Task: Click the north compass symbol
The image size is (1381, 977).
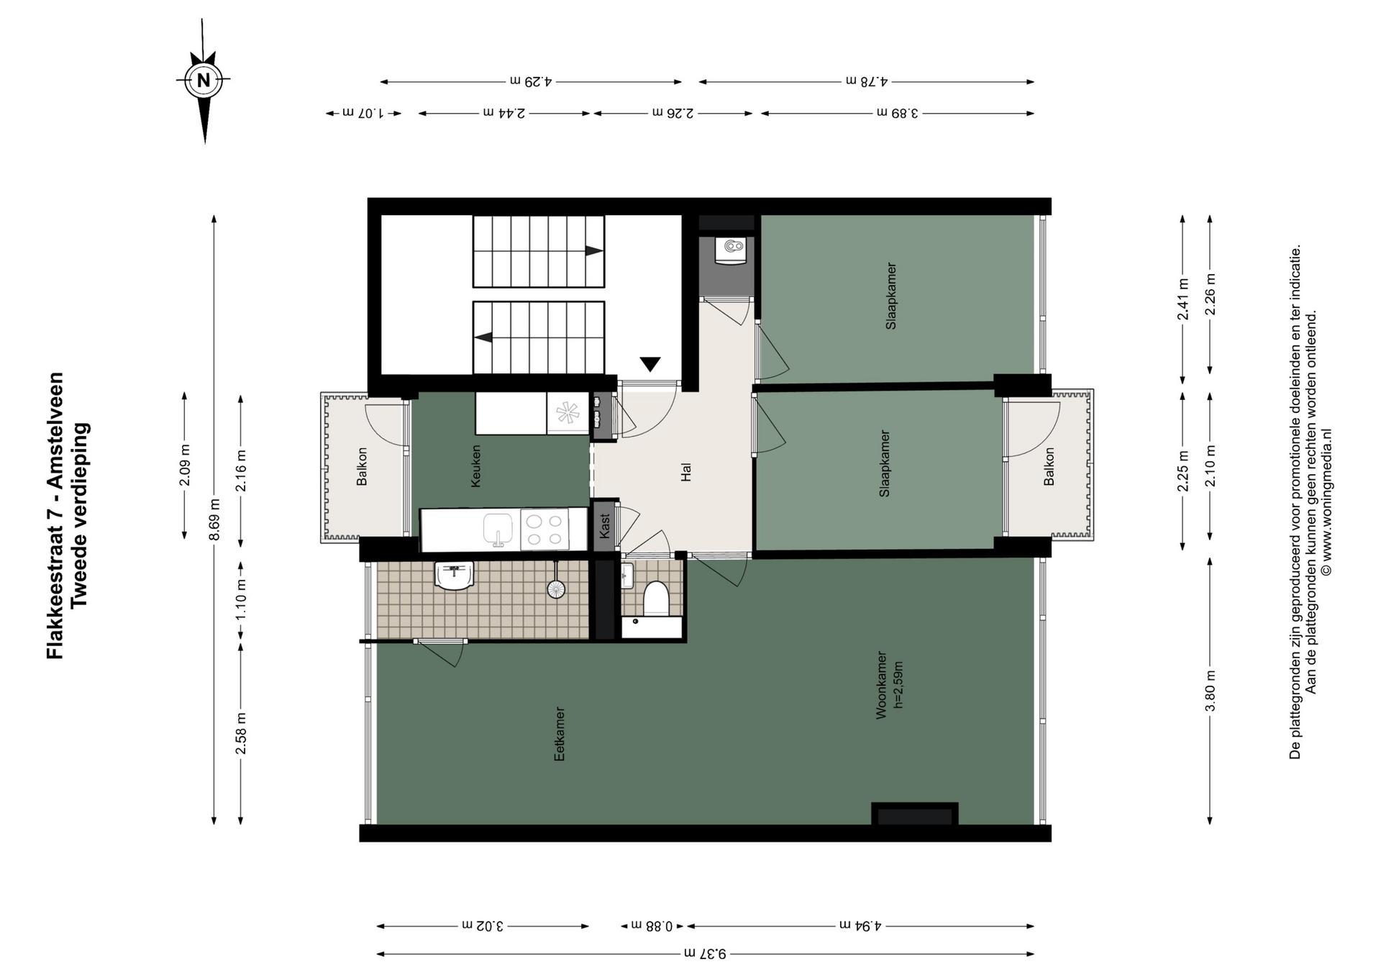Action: coord(204,81)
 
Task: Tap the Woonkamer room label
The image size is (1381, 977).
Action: coord(880,685)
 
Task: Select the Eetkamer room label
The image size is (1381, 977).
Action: coord(559,734)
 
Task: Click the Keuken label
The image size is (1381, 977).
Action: coord(475,466)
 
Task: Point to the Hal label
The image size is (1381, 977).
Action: coord(685,472)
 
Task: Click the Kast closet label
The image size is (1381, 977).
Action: coord(604,525)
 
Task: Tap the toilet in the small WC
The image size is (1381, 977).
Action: coord(656,599)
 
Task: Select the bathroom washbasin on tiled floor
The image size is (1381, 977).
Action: coord(455,576)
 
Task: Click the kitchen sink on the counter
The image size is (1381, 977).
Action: coord(498,530)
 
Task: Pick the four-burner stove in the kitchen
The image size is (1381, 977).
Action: coord(544,530)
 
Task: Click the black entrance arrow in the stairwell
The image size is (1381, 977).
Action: coord(650,364)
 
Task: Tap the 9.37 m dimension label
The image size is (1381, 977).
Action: coord(705,954)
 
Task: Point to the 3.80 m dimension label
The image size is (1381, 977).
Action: coord(1211,691)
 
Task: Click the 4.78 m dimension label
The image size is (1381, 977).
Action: coord(866,81)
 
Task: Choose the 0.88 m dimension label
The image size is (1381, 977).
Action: coord(652,926)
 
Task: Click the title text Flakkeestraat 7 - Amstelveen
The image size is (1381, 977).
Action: coord(55,515)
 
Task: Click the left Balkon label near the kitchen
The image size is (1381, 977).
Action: coord(362,466)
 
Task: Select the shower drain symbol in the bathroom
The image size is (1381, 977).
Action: coord(556,589)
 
